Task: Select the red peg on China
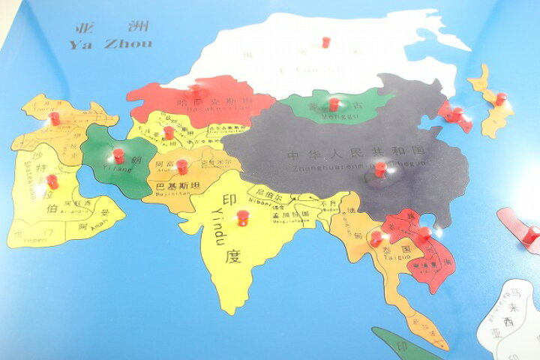pyautogui.click(x=380, y=168)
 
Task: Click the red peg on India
pyautogui.click(x=242, y=217)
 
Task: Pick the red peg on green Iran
pyautogui.click(x=118, y=155)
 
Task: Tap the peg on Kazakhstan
pyautogui.click(x=196, y=89)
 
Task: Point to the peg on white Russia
pyautogui.click(x=325, y=42)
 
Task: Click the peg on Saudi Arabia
pyautogui.click(x=52, y=181)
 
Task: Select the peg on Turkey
pyautogui.click(x=54, y=118)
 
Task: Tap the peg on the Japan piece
pyautogui.click(x=500, y=98)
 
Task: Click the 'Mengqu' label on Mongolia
pyautogui.click(x=331, y=116)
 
